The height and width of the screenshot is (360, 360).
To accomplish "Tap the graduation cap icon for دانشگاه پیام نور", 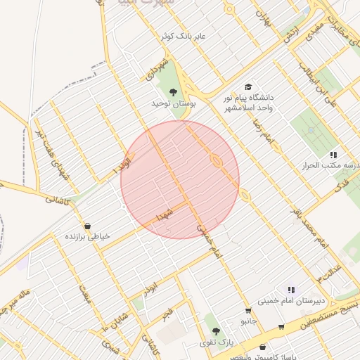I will [x=248, y=86].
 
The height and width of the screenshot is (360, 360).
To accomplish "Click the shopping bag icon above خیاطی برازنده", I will [x=87, y=226].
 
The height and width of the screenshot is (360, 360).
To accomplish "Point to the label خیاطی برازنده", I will [x=88, y=237].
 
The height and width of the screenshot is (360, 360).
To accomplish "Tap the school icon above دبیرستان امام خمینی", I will [x=290, y=289].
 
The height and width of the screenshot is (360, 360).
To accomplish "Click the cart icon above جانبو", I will [x=248, y=310].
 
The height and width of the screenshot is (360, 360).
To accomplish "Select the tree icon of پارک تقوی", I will [x=216, y=330].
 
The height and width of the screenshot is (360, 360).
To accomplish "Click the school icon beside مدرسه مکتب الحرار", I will [x=333, y=155].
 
